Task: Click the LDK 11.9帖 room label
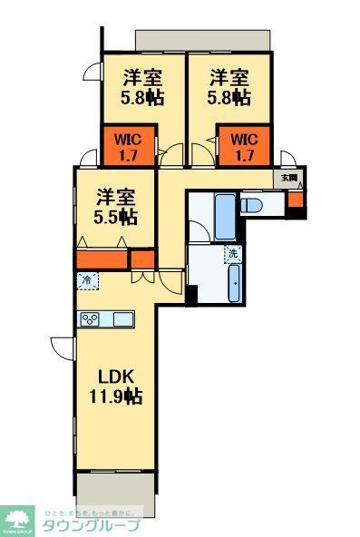(114, 385)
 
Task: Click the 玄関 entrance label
(289, 179)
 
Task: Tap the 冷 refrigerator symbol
(88, 281)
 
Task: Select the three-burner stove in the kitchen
(91, 318)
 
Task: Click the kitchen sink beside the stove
(121, 318)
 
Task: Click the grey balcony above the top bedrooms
(203, 40)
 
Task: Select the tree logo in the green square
(17, 520)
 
